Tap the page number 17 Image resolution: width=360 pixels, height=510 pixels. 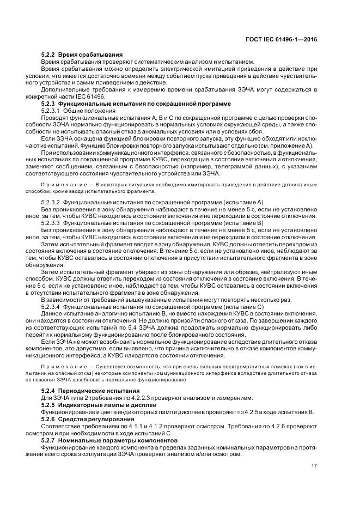coord(314,465)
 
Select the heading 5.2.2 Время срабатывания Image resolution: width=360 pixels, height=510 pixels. coord(82,55)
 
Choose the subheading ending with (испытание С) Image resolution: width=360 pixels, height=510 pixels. coord(152,307)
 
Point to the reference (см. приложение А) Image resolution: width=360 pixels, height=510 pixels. coord(283,146)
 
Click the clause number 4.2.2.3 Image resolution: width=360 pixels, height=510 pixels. coord(139,398)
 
